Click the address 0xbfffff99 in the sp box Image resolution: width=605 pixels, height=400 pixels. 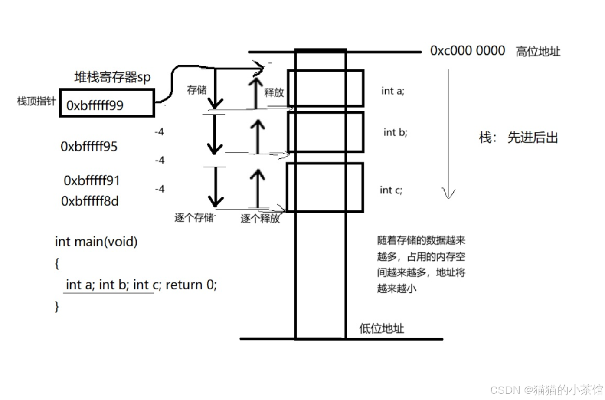(95, 105)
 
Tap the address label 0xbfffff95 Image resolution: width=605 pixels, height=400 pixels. (89, 147)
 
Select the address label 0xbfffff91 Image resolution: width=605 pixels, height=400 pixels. (92, 180)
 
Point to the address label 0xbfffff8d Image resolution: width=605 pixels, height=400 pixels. (90, 201)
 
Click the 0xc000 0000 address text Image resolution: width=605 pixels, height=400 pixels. (467, 51)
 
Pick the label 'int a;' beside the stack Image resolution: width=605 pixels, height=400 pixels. (392, 91)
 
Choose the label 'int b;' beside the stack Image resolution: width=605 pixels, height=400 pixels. (395, 132)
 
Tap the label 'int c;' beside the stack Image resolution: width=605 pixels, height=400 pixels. (391, 190)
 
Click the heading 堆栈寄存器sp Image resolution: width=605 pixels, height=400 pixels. (112, 77)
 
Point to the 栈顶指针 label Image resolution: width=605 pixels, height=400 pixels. (36, 101)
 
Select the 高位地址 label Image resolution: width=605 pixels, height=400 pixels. (538, 52)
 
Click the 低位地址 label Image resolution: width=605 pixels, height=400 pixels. (381, 328)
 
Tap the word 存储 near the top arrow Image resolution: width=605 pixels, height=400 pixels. (196, 90)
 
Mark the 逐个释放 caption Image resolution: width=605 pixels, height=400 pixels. (260, 219)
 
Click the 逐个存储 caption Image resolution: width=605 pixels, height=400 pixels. (194, 217)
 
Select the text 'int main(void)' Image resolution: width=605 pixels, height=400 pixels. (96, 241)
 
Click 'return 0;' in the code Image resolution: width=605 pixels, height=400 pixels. (191, 285)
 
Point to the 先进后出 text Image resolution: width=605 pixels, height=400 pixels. (532, 138)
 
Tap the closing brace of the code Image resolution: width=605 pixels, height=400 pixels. (57, 306)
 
